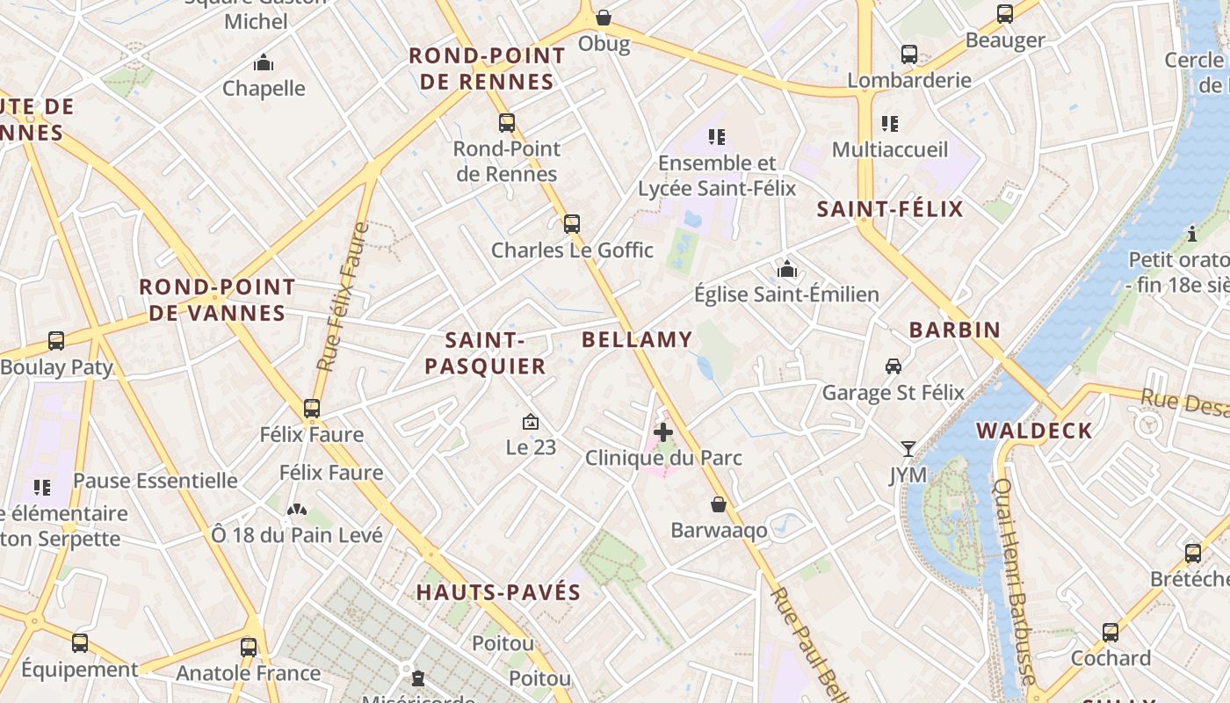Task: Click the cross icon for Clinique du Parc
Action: click(x=663, y=431)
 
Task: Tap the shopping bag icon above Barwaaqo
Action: click(x=719, y=504)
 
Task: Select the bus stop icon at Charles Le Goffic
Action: click(x=572, y=223)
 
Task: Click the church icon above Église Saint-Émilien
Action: click(x=787, y=268)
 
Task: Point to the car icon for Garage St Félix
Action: click(x=893, y=366)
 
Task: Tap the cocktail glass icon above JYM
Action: click(x=908, y=449)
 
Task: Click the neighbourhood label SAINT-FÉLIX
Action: click(x=890, y=209)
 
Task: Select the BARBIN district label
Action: click(x=955, y=330)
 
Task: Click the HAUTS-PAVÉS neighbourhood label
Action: click(x=499, y=592)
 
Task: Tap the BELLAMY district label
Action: click(x=637, y=339)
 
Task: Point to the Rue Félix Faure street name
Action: click(x=343, y=296)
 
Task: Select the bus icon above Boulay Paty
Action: click(x=56, y=340)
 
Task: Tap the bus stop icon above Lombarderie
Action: click(x=909, y=54)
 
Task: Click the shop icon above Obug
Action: click(x=604, y=18)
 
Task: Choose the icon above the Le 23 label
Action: click(x=531, y=423)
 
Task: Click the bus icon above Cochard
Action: click(x=1111, y=632)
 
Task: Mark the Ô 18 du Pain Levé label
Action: click(x=297, y=534)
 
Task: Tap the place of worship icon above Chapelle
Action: click(x=264, y=62)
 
